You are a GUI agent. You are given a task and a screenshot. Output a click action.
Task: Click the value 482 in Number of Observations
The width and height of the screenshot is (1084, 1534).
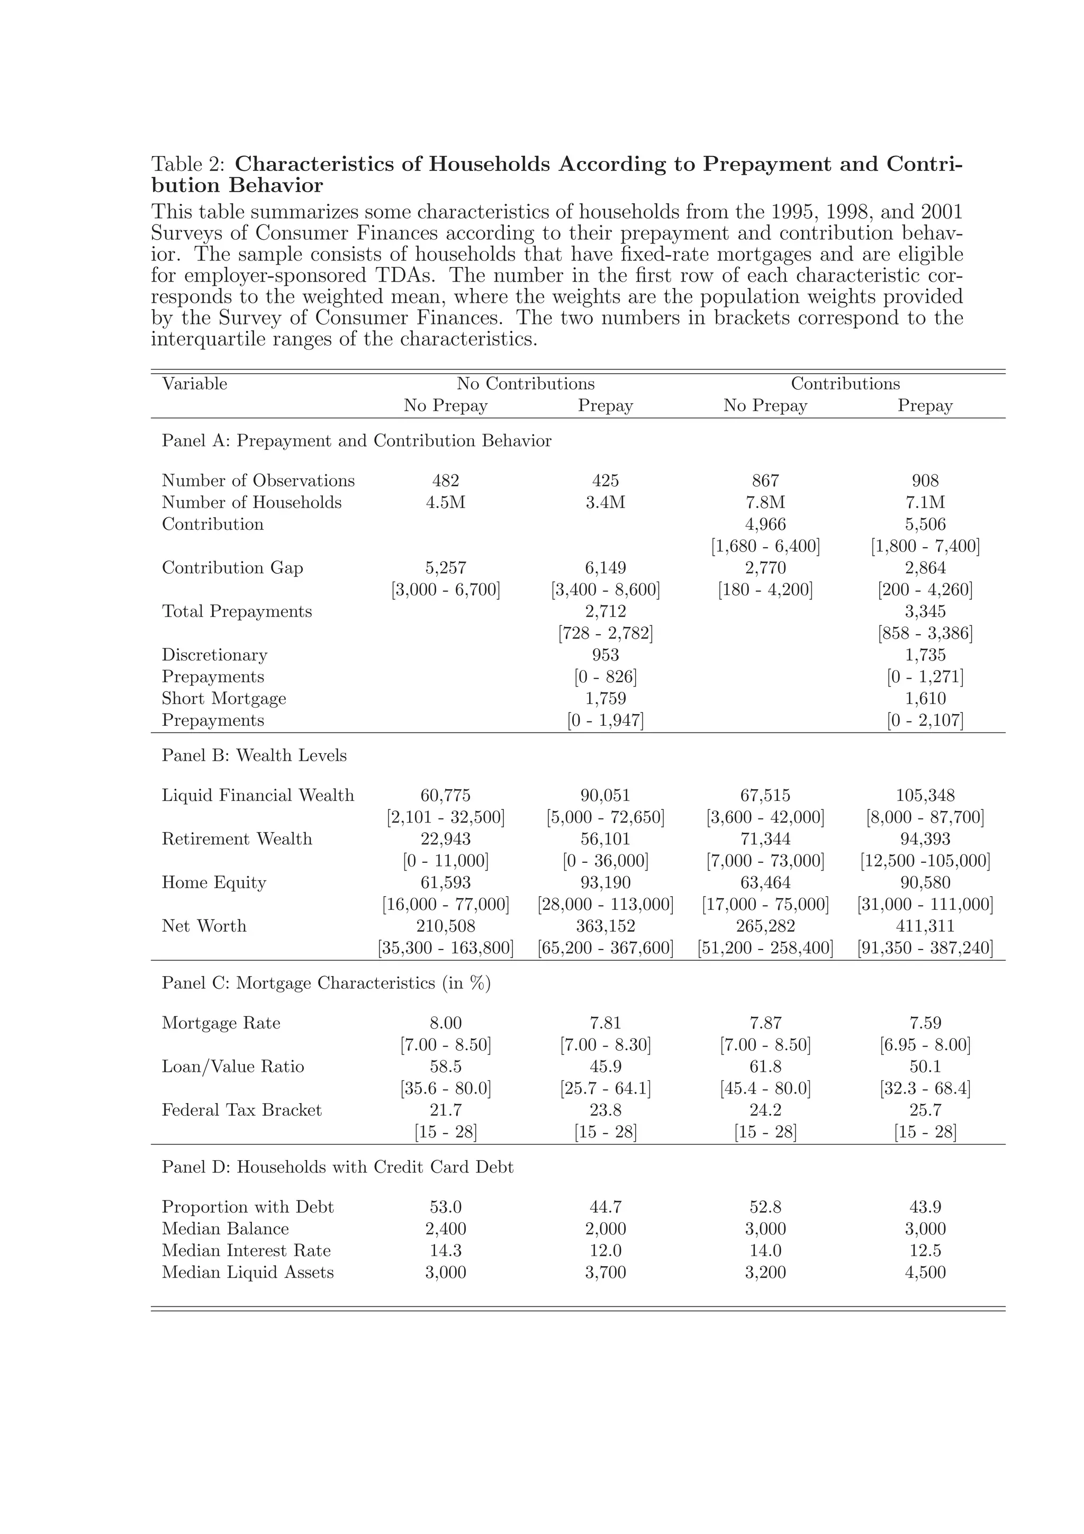pyautogui.click(x=446, y=481)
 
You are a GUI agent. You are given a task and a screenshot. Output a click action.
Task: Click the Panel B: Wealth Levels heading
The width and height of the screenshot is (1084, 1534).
pyautogui.click(x=254, y=756)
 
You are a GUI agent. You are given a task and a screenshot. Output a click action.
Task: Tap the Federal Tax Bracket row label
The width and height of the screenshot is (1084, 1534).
pyautogui.click(x=241, y=1110)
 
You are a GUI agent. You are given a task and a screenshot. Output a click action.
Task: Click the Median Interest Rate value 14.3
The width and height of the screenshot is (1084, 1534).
pyautogui.click(x=446, y=1251)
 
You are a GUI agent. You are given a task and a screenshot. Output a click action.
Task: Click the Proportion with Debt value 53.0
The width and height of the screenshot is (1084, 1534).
pyautogui.click(x=446, y=1207)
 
